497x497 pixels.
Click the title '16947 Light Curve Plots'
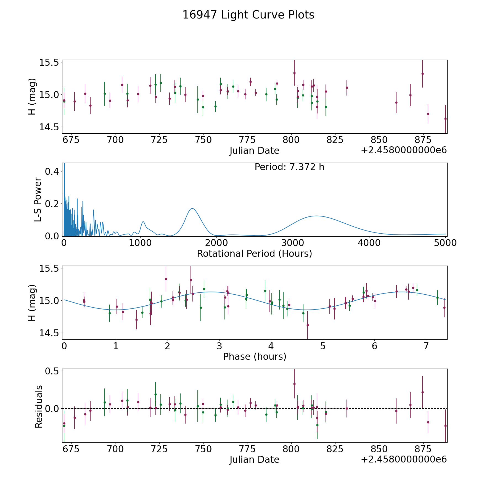[x=248, y=15]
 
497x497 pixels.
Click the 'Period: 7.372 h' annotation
[x=289, y=167]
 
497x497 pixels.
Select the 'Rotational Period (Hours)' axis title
[x=254, y=253]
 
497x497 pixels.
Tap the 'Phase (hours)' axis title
[x=254, y=356]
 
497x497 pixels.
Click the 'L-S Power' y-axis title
[x=38, y=199]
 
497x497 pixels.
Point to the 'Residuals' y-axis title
[x=39, y=407]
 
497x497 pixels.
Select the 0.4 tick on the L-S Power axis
[x=52, y=171]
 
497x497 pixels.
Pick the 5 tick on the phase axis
[x=322, y=346]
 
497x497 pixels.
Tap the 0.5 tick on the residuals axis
[x=52, y=371]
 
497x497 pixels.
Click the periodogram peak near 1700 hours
[x=192, y=208]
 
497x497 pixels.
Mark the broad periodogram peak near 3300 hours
[x=316, y=216]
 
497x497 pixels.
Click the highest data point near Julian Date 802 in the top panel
[x=294, y=73]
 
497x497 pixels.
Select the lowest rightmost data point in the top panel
[x=445, y=119]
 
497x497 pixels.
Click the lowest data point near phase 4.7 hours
[x=308, y=325]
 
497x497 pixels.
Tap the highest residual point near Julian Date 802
[x=294, y=384]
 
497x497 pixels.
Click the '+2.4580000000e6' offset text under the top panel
[x=404, y=150]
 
